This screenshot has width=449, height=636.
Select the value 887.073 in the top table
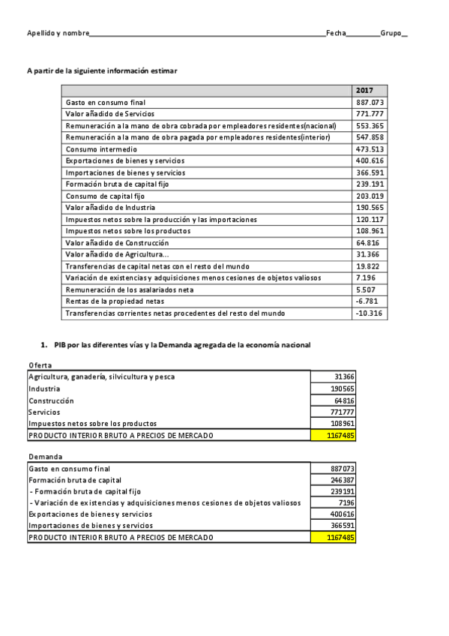370,102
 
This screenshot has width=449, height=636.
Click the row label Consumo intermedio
101,149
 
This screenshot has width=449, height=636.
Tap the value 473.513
370,149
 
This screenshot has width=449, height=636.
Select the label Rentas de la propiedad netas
115,301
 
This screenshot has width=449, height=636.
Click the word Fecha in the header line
335,34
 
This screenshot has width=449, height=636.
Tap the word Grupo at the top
391,34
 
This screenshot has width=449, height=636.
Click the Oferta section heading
40,364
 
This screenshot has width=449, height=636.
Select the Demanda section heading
45,457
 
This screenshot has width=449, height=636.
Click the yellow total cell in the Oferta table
332,435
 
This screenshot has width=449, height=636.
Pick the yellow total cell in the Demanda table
332,538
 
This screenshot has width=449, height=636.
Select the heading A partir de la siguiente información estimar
102,70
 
